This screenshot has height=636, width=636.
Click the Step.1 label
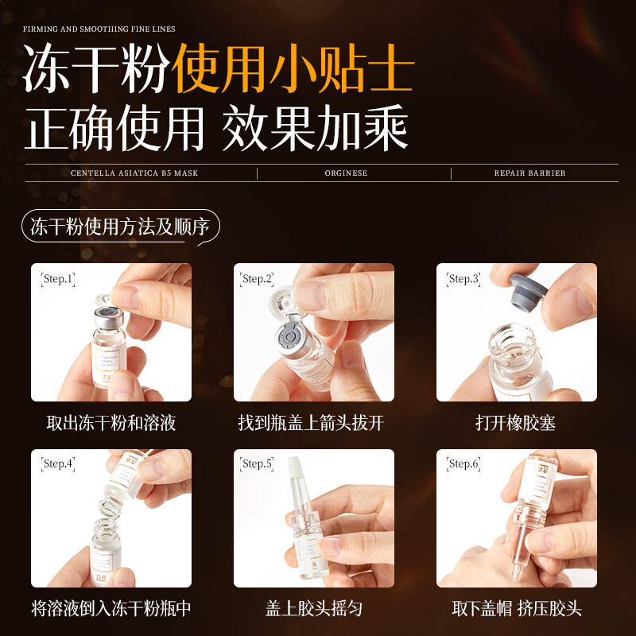57,279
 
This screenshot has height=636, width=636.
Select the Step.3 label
463,279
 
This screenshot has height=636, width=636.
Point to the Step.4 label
58,463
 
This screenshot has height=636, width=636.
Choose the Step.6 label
463,463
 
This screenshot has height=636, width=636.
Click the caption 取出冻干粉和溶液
111,423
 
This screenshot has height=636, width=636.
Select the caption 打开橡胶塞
515,423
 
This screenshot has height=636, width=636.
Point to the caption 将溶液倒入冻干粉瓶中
111,609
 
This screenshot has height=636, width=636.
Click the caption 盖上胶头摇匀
314,609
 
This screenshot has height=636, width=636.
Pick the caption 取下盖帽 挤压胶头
517,609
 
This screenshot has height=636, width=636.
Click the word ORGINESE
346,173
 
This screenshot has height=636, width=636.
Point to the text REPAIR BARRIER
529,173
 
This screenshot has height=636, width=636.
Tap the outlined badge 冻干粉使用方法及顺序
119,227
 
